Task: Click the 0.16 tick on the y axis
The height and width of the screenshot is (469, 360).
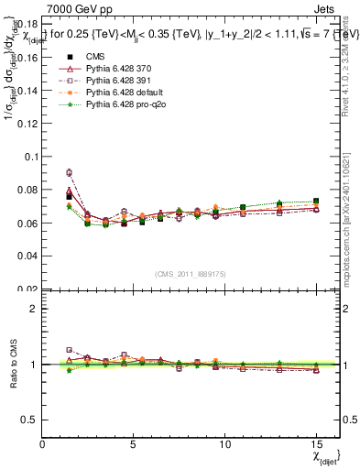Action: pos(26,57)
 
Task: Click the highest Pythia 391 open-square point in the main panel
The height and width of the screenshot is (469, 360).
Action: pos(70,172)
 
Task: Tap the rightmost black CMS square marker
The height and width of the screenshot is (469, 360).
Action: pos(315,202)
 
